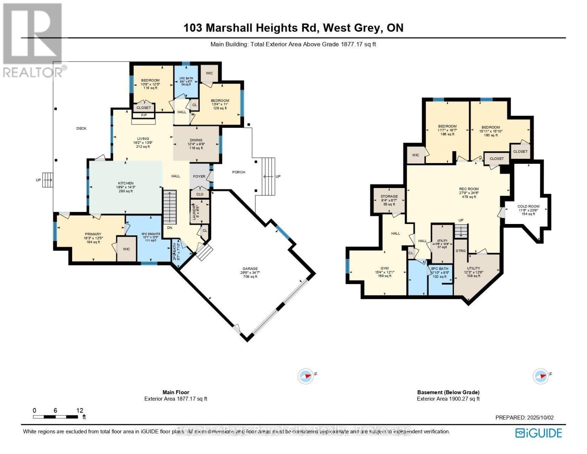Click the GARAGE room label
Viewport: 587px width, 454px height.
[248, 269]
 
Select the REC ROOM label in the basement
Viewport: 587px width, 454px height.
[468, 189]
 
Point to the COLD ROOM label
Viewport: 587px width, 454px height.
[528, 207]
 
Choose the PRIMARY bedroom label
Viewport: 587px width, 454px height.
[93, 234]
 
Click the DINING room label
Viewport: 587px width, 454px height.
[196, 140]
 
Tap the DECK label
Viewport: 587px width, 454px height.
[81, 128]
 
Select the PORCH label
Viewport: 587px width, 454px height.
[239, 172]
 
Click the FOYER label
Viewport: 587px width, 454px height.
[199, 176]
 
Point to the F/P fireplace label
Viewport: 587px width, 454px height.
[144, 115]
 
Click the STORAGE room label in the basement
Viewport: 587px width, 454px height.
[389, 196]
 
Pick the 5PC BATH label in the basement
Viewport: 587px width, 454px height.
[440, 269]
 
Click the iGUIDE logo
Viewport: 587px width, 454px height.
[539, 433]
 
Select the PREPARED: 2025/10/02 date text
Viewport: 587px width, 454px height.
[524, 418]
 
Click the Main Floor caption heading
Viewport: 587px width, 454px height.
[176, 392]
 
